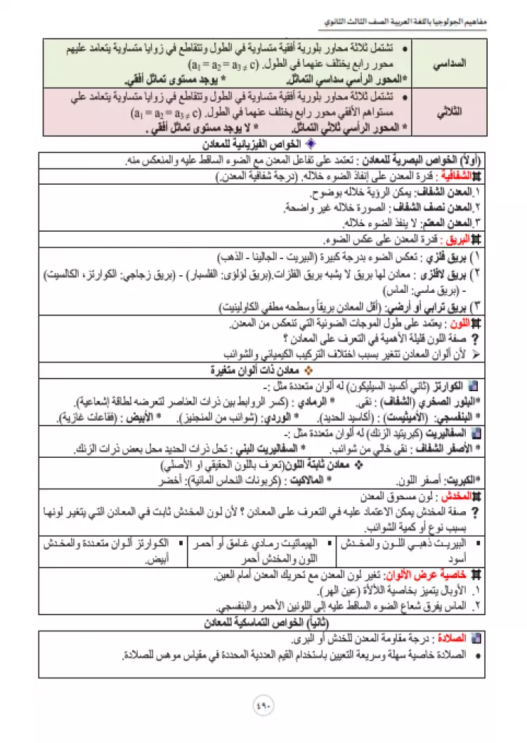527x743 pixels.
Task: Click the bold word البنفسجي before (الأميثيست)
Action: [462, 417]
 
